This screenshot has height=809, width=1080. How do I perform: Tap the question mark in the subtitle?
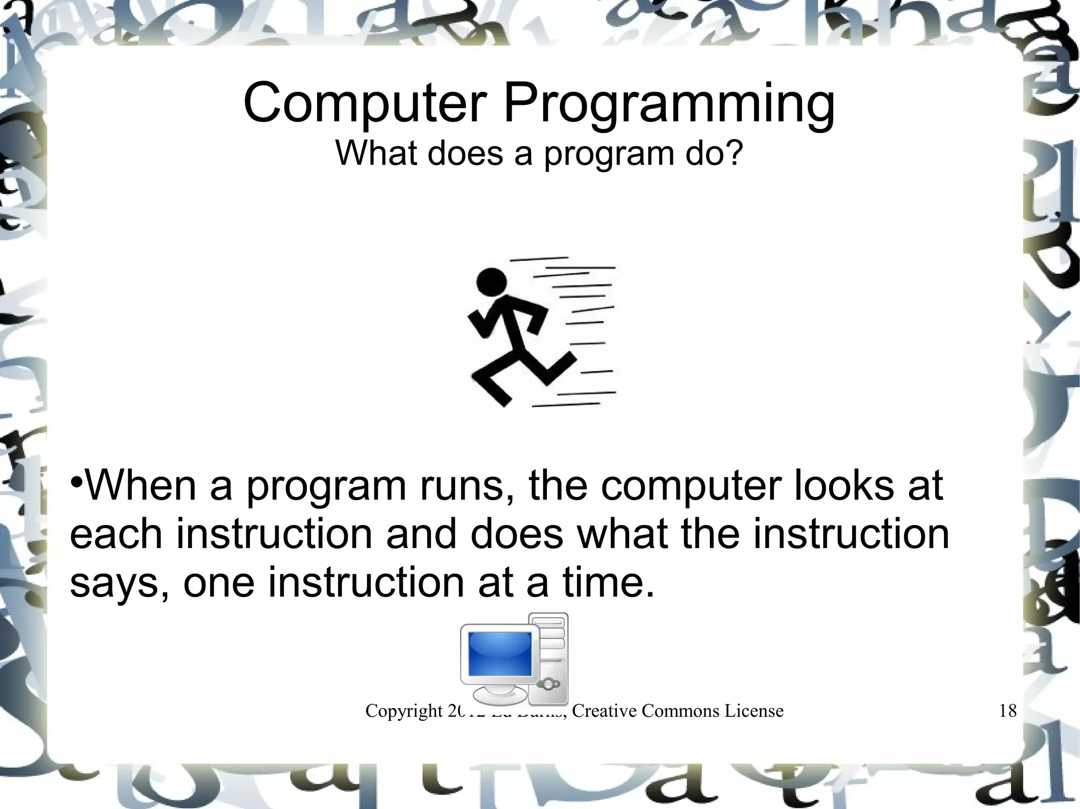click(734, 152)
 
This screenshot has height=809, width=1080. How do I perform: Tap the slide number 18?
click(1007, 711)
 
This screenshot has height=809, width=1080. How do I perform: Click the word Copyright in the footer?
click(404, 711)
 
